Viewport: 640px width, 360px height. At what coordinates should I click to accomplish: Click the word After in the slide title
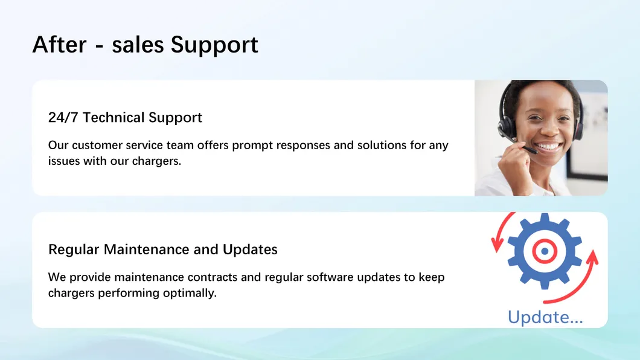(x=59, y=45)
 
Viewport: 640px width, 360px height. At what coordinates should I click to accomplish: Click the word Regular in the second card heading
(x=74, y=249)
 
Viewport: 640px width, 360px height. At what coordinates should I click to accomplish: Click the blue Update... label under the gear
(x=545, y=317)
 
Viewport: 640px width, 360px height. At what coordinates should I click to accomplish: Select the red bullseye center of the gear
(x=544, y=250)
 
